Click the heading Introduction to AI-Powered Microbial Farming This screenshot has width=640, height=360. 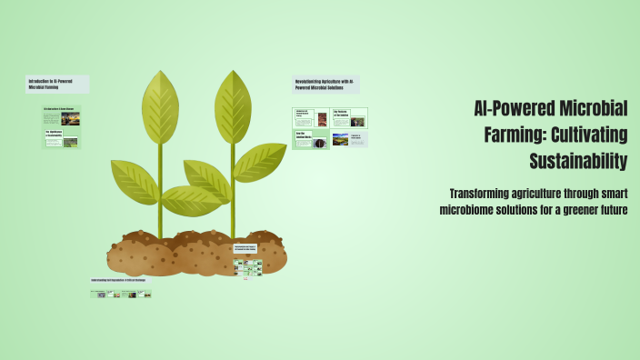56,84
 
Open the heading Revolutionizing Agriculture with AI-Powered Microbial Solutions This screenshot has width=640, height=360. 325,84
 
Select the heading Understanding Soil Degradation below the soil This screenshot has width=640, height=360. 121,281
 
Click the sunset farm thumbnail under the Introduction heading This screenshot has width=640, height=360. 70,118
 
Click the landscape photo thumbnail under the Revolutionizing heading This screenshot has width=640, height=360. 340,140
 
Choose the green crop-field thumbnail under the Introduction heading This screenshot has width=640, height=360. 70,142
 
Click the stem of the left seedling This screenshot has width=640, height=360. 160,209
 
